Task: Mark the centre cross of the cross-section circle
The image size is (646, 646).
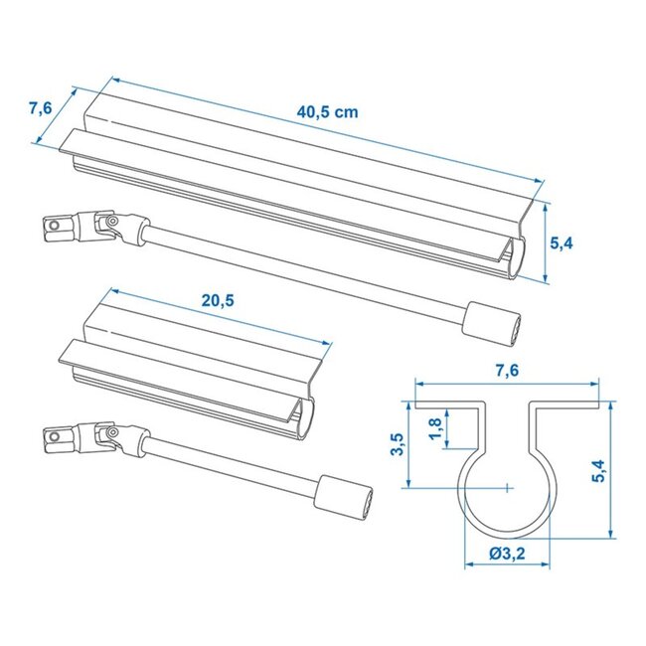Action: pyautogui.click(x=507, y=487)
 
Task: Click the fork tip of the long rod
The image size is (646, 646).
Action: pyautogui.click(x=58, y=231)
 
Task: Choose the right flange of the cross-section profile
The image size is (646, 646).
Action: pyautogui.click(x=566, y=405)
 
